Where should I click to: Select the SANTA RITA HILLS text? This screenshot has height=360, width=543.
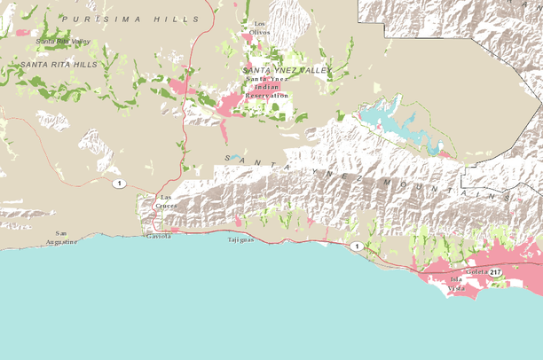tap(59, 65)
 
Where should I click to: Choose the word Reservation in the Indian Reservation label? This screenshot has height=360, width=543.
tap(267, 95)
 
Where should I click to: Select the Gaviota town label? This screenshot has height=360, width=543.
tap(159, 237)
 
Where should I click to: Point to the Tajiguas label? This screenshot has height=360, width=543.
tap(240, 239)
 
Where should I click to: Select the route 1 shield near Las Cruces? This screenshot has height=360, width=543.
tap(118, 184)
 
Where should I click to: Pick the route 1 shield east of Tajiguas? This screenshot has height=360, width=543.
tap(355, 246)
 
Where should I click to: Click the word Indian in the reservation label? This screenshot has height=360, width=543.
tap(266, 88)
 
